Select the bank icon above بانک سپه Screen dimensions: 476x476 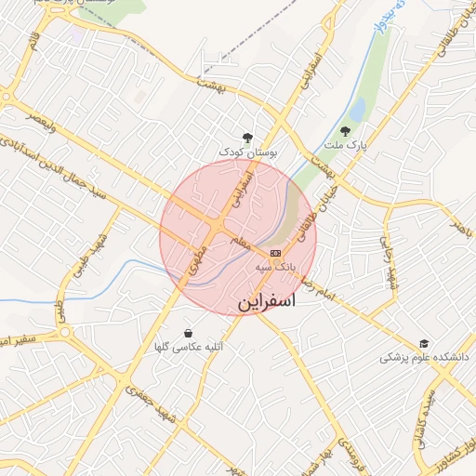(x=275, y=253)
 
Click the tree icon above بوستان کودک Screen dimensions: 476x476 (x=247, y=137)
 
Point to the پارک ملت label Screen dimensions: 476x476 (x=345, y=146)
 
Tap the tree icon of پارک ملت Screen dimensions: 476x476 (x=346, y=131)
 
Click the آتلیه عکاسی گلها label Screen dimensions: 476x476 (x=189, y=348)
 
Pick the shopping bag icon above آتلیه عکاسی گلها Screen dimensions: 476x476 (x=189, y=333)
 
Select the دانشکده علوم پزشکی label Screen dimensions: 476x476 (x=425, y=358)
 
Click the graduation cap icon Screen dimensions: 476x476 (x=424, y=343)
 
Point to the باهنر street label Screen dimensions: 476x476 (x=456, y=226)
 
